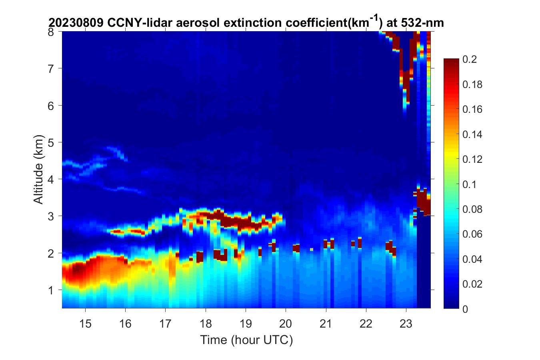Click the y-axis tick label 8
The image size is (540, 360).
(x=51, y=32)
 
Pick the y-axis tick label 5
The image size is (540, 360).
(x=51, y=142)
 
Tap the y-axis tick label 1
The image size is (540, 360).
(x=51, y=290)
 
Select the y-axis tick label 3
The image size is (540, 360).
(x=51, y=216)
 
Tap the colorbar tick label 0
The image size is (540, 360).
(x=465, y=309)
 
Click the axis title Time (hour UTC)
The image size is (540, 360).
(x=246, y=340)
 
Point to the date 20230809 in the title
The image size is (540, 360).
(x=76, y=23)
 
